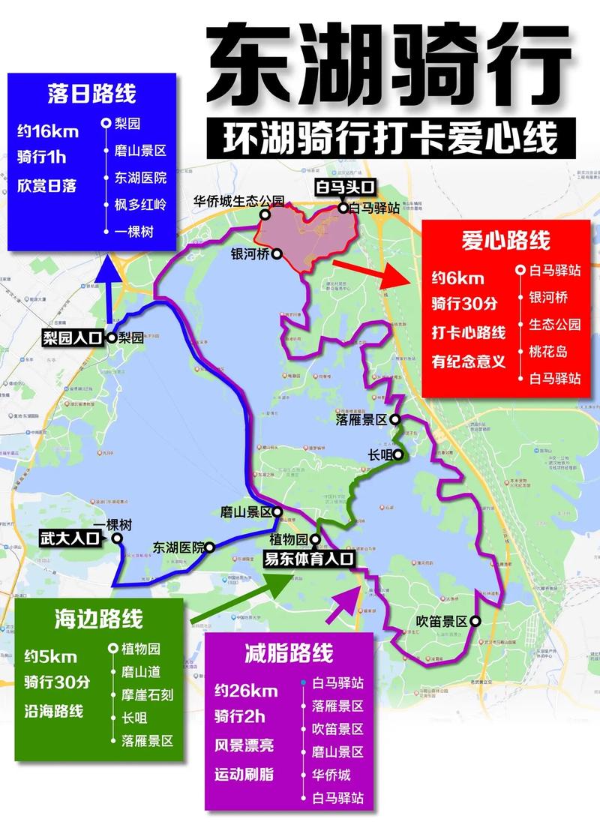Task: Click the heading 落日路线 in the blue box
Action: point(91,94)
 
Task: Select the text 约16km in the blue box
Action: point(47,131)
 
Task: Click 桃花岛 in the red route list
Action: point(549,351)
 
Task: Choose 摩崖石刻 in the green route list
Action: point(147,694)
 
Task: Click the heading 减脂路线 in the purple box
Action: point(289,653)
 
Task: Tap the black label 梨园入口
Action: point(72,338)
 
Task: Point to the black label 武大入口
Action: point(72,538)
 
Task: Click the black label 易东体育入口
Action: point(308,558)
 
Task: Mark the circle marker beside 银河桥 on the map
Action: point(276,255)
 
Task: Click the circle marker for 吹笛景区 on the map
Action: point(475,621)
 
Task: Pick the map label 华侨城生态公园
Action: point(239,201)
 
